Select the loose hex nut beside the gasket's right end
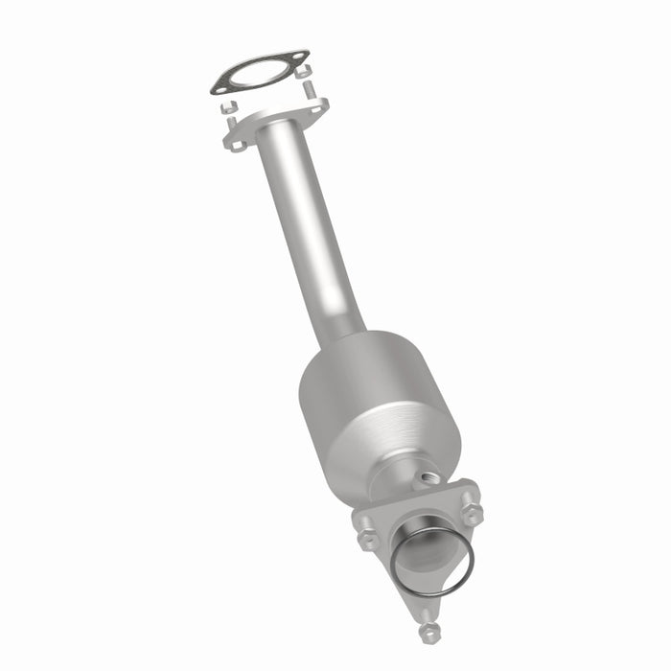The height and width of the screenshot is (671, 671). tap(304, 72)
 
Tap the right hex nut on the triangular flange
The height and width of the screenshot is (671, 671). tap(472, 512)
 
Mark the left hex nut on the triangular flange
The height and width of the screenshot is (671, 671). tap(366, 539)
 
